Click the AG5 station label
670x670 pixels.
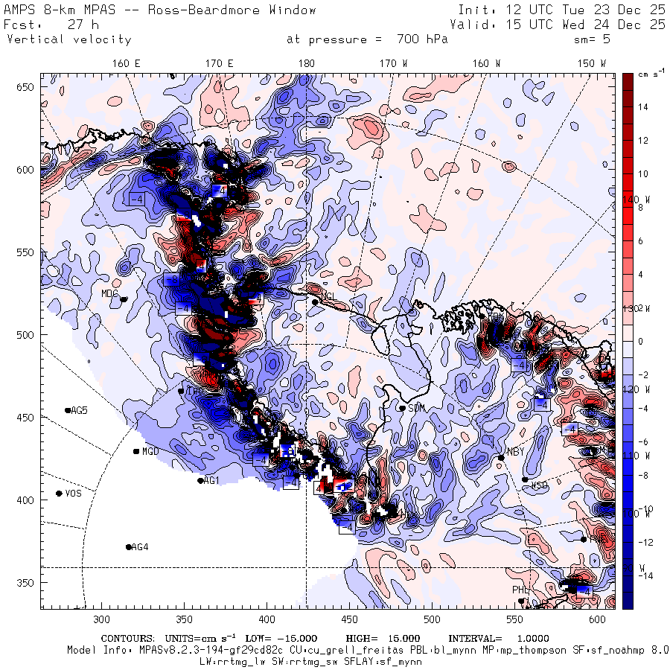[79, 410]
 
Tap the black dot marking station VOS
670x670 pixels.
[59, 494]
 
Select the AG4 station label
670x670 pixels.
[140, 547]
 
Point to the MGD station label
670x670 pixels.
[150, 451]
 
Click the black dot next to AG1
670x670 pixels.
[200, 481]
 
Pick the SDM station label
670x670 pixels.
[417, 408]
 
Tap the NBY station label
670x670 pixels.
[515, 451]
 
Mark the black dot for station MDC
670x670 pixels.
[124, 300]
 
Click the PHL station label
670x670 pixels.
[520, 590]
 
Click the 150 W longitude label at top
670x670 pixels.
[593, 63]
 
